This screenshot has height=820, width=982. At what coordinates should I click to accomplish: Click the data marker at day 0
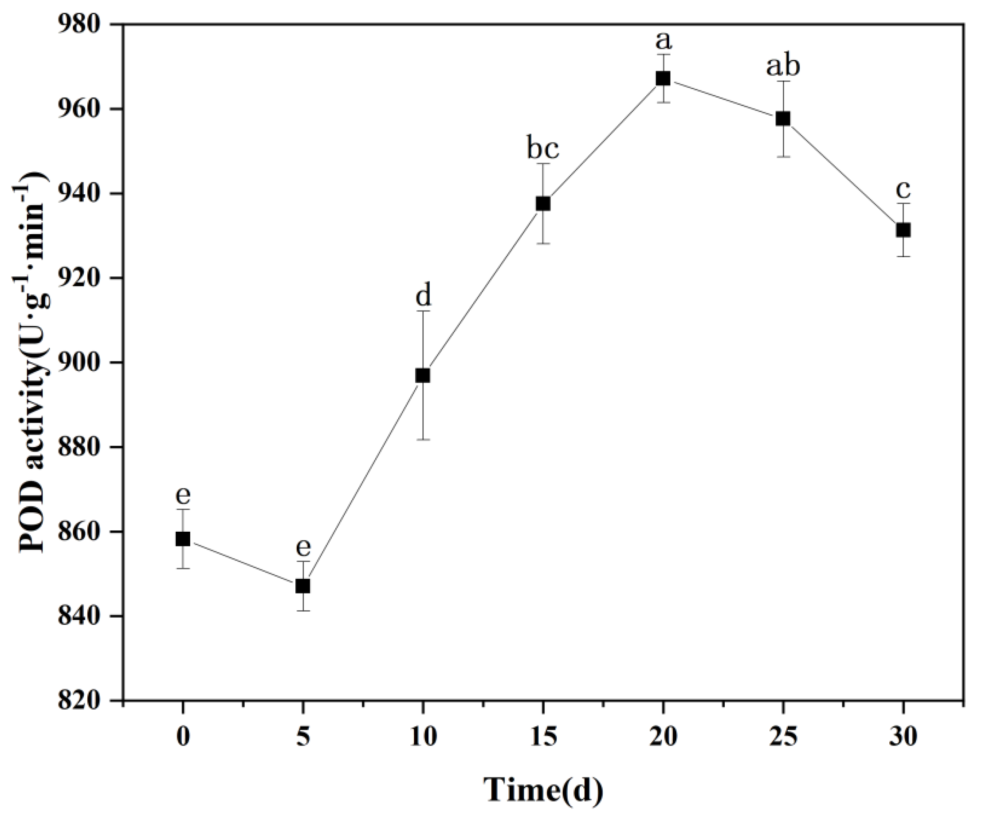tap(183, 539)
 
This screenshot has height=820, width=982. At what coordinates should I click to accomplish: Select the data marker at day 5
tap(303, 586)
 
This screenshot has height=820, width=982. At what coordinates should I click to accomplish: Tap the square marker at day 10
tap(423, 375)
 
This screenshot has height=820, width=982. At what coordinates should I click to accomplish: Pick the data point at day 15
tap(543, 204)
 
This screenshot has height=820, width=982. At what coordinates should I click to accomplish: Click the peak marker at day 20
tap(663, 78)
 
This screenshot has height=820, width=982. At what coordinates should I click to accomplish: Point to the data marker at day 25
tap(783, 119)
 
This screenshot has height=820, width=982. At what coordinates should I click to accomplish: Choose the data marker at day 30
tap(903, 230)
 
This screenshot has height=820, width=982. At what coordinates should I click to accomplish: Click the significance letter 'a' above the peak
tap(663, 41)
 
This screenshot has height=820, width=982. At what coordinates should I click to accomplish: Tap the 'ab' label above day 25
tap(783, 67)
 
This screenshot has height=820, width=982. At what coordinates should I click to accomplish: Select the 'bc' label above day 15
tap(543, 149)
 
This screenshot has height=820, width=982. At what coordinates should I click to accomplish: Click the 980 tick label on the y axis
tap(83, 24)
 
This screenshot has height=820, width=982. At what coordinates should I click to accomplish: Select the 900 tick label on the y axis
tap(83, 362)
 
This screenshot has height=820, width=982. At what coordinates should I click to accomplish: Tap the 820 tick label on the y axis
tap(83, 700)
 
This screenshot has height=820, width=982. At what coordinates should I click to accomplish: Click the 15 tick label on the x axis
tap(543, 738)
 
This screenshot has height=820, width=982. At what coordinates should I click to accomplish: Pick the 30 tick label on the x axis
tap(903, 738)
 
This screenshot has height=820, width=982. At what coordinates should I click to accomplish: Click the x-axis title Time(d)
tap(543, 790)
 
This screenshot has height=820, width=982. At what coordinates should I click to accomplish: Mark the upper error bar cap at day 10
tap(423, 311)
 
